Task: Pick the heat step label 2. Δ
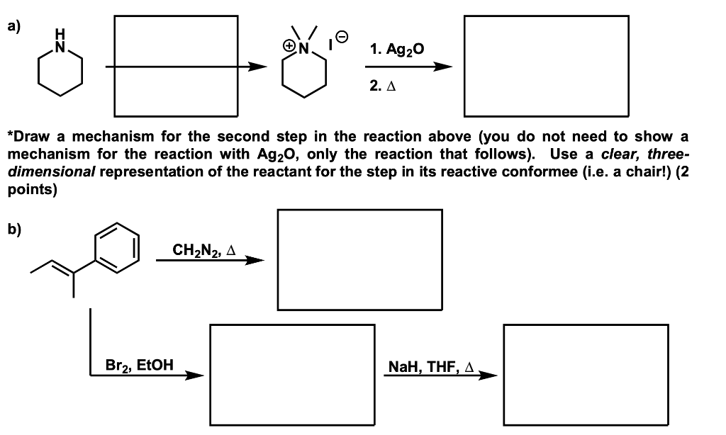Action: pyautogui.click(x=382, y=86)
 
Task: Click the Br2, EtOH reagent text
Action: pyautogui.click(x=140, y=366)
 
